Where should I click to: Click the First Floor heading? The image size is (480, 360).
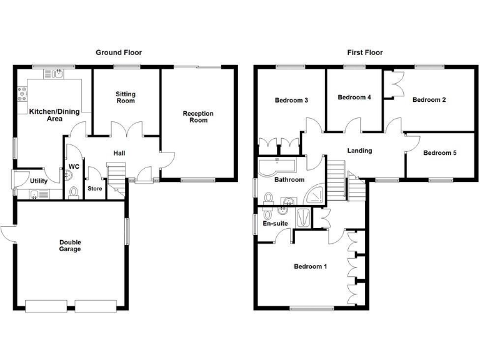pyautogui.click(x=365, y=52)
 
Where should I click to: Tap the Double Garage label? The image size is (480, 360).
pyautogui.click(x=71, y=246)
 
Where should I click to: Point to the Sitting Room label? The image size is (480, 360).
pyautogui.click(x=125, y=97)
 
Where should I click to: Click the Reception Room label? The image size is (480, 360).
pyautogui.click(x=198, y=117)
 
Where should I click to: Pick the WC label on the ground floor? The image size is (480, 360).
pyautogui.click(x=74, y=166)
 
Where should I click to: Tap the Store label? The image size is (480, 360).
pyautogui.click(x=95, y=188)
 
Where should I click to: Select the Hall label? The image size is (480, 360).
pyautogui.click(x=120, y=153)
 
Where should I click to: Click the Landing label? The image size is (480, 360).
pyautogui.click(x=359, y=151)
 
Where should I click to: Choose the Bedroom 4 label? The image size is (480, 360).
pyautogui.click(x=354, y=97)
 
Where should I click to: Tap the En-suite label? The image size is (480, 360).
pyautogui.click(x=274, y=222)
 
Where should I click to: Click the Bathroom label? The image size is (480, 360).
pyautogui.click(x=289, y=180)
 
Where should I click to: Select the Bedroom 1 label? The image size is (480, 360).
pyautogui.click(x=311, y=267)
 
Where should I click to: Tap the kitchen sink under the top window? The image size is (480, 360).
pyautogui.click(x=56, y=74)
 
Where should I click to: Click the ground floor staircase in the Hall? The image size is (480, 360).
pyautogui.click(x=117, y=174)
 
